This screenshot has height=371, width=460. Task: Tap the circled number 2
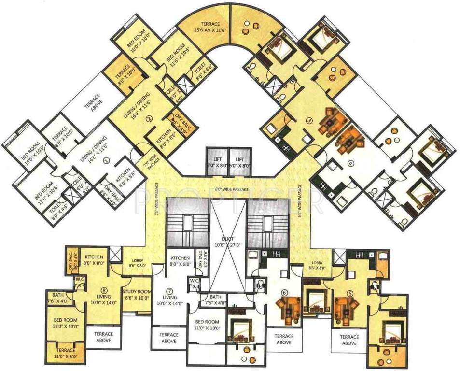point(149,118)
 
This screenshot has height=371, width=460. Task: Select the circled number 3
point(306,121)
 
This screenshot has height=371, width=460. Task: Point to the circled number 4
point(351,163)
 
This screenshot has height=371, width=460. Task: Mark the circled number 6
point(284,292)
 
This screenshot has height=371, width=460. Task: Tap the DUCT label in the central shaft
point(229,239)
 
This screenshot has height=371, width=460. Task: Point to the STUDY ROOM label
point(137,294)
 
